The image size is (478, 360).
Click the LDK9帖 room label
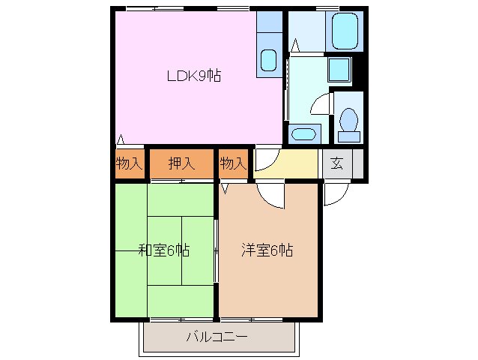[193, 76]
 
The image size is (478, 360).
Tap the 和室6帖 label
[163, 250]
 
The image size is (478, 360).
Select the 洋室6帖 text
[267, 250]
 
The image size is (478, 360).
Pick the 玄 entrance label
[337, 163]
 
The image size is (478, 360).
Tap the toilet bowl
[348, 119]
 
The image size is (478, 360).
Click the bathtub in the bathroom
[346, 31]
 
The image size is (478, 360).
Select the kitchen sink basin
[268, 60]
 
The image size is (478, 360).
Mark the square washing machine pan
[339, 69]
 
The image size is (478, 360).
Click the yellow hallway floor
[296, 163]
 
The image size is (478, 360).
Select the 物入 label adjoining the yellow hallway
[232, 163]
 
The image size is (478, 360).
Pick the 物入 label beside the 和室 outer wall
[129, 163]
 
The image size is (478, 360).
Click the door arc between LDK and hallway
[267, 159]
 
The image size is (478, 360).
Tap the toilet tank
[348, 136]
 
